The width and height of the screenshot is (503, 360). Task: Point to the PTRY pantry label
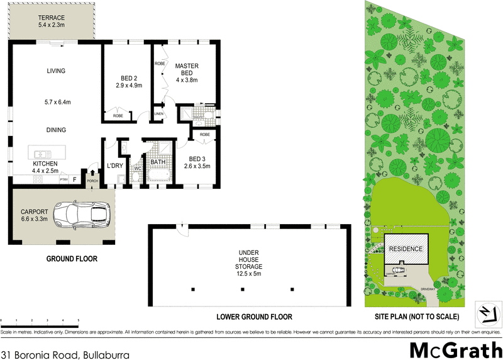click(64, 179)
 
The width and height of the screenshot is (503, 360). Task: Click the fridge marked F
click(75, 179)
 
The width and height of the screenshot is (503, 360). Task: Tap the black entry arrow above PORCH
click(93, 172)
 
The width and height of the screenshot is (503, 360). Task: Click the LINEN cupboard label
click(159, 114)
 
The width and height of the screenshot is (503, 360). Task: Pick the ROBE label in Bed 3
click(205, 135)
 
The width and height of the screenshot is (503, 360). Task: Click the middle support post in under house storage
click(243, 290)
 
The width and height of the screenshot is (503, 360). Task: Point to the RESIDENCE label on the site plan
click(406, 249)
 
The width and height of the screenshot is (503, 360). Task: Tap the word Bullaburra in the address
click(105, 355)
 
